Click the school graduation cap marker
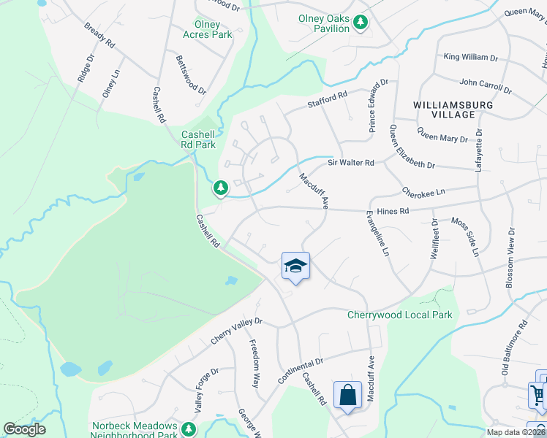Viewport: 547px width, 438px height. click(295, 265)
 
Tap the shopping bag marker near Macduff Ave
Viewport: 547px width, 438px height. click(347, 395)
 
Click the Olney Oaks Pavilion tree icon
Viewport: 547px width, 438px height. click(360, 23)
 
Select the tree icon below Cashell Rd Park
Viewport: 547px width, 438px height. click(220, 188)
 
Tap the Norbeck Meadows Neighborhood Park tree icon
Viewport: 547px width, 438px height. click(189, 428)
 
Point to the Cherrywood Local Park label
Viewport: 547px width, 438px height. click(399, 315)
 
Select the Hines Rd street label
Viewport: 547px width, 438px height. click(393, 212)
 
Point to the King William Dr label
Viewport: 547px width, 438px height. click(470, 57)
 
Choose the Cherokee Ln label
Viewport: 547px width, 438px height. click(423, 191)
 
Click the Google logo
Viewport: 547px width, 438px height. click(24, 429)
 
